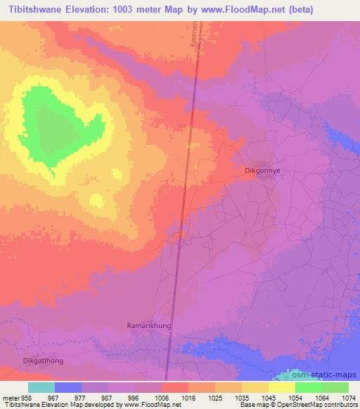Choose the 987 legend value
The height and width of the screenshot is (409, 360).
click(x=108, y=397)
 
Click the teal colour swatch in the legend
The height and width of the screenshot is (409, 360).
click(x=41, y=387)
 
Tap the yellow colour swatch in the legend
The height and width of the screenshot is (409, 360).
click(x=281, y=387)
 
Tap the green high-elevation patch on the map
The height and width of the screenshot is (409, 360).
click(x=53, y=126)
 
